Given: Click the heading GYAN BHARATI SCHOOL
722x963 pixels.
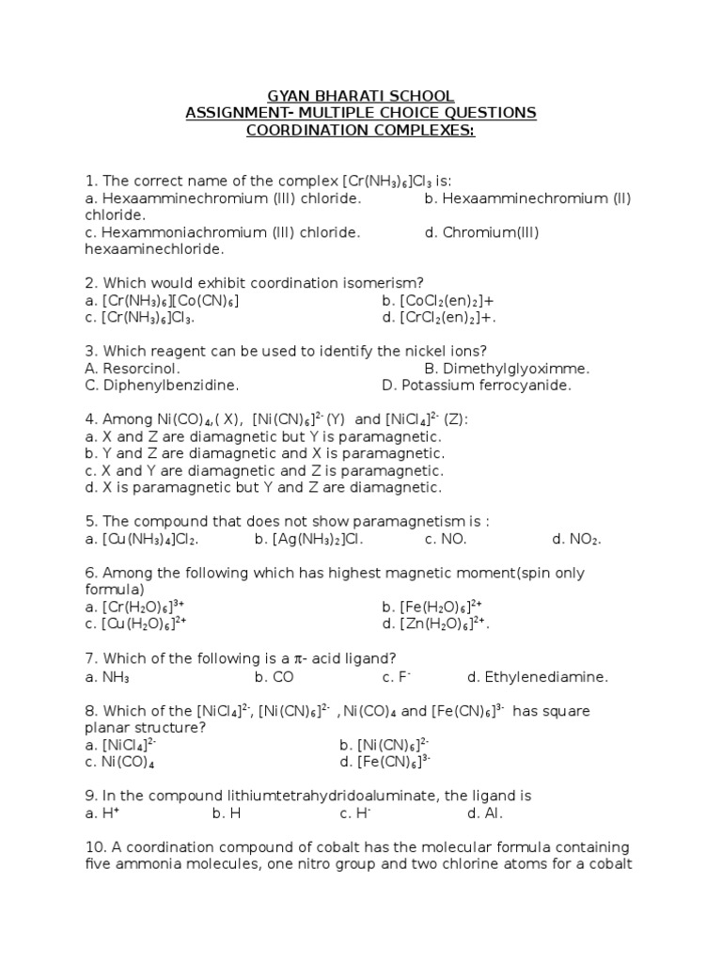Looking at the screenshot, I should (361, 96).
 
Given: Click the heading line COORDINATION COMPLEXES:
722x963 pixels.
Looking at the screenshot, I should (361, 130).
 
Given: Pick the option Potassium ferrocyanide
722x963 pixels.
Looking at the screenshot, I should (477, 386).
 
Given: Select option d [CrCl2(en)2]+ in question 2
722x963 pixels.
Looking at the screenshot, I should (439, 318).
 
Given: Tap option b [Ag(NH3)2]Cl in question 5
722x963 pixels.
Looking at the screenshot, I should (308, 540).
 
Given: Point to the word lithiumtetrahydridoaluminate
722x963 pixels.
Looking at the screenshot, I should (343, 796).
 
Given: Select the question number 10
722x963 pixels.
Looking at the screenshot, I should (94, 847).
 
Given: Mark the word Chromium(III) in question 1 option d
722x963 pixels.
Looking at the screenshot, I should (480, 232).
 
